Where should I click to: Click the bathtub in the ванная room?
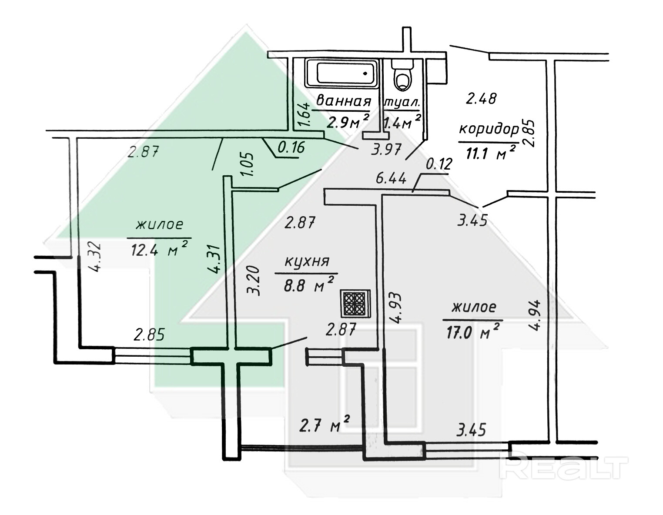click(342, 74)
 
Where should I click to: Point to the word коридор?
click(489, 130)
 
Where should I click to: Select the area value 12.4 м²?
click(159, 250)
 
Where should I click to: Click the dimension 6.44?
click(391, 178)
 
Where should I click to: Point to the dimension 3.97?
click(385, 150)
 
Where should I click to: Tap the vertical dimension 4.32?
click(94, 257)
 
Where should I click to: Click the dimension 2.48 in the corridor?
click(482, 98)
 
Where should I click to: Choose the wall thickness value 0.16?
click(291, 147)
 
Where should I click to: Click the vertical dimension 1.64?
click(304, 115)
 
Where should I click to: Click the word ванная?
click(344, 100)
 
